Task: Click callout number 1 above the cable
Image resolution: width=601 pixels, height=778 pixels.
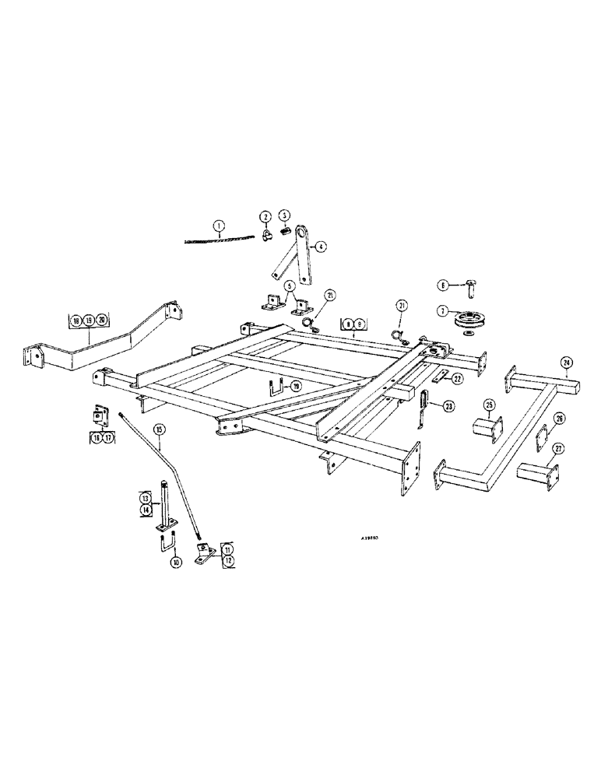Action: (x=220, y=226)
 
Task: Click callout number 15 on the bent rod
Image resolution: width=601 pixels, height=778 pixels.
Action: (x=159, y=429)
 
